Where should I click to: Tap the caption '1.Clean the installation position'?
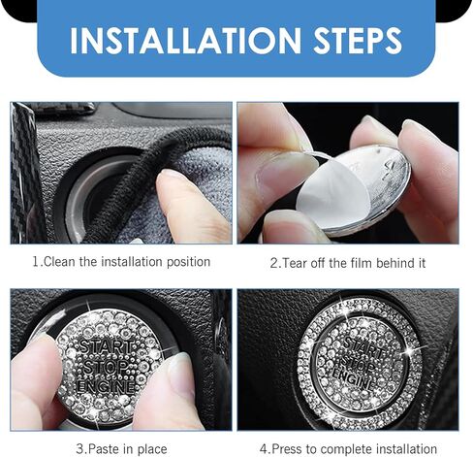121,262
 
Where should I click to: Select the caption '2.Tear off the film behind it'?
348,262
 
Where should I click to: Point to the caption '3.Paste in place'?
121,448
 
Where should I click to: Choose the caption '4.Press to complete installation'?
348,448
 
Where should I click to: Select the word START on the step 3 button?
102,346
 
